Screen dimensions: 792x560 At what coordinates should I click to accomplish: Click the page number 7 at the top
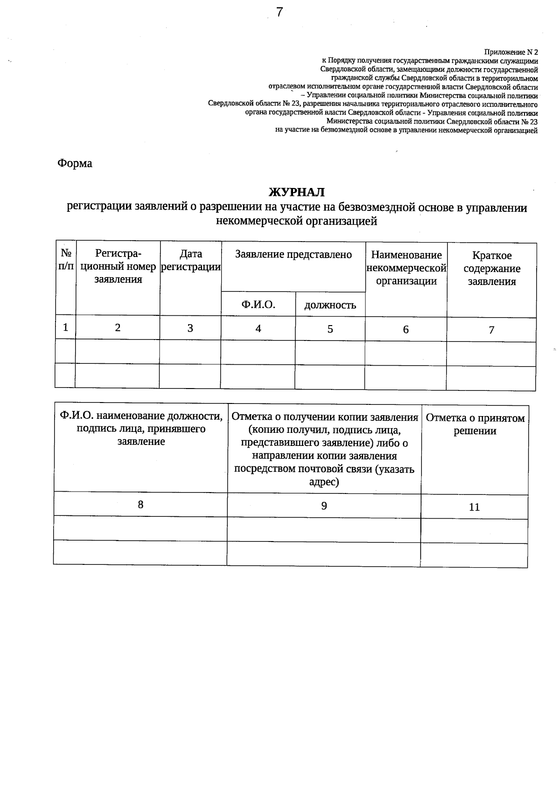pyautogui.click(x=279, y=13)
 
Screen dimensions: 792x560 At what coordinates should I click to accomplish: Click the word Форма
pyautogui.click(x=75, y=164)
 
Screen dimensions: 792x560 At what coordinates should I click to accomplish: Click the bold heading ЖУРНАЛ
pyautogui.click(x=296, y=192)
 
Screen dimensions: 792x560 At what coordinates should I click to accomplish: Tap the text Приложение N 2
pyautogui.click(x=511, y=52)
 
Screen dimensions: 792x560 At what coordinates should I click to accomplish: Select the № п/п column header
pyautogui.click(x=66, y=260)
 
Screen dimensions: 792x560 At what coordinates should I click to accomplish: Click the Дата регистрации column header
pyautogui.click(x=190, y=260)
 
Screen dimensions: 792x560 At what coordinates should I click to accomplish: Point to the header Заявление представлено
pyautogui.click(x=293, y=255)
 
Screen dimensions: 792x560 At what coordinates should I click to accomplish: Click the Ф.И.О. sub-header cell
pyautogui.click(x=258, y=305)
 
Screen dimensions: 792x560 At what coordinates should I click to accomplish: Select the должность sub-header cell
pyautogui.click(x=330, y=306)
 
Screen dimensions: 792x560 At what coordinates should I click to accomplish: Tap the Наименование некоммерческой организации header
pyautogui.click(x=406, y=268)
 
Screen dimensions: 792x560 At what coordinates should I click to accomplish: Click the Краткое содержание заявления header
pyautogui.click(x=492, y=269)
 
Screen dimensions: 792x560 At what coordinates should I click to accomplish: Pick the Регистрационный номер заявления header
pyautogui.click(x=118, y=266)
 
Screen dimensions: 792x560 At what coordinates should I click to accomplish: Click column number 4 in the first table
pyautogui.click(x=258, y=329)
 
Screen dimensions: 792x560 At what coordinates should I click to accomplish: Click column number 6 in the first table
pyautogui.click(x=406, y=330)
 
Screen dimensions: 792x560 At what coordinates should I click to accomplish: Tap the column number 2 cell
pyautogui.click(x=118, y=328)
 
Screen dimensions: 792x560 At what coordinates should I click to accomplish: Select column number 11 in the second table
pyautogui.click(x=474, y=507)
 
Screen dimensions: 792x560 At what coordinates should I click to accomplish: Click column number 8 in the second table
pyautogui.click(x=140, y=505)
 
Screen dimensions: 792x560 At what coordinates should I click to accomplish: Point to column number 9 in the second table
pyautogui.click(x=324, y=506)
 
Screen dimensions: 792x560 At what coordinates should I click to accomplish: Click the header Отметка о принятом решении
pyautogui.click(x=475, y=424)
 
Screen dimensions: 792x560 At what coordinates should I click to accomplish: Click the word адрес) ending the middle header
pyautogui.click(x=324, y=482)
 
